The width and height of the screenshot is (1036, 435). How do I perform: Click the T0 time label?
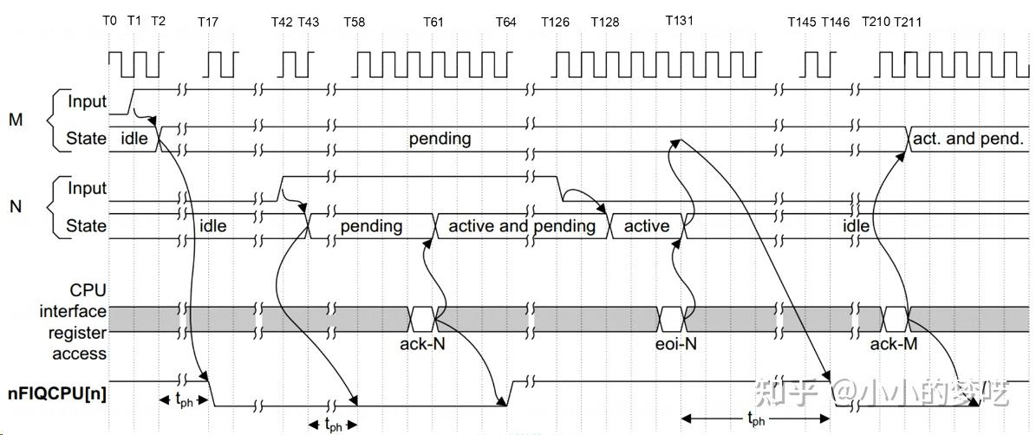point(109,21)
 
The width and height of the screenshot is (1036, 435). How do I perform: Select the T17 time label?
point(207,22)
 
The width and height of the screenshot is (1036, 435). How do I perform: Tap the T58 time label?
point(354,22)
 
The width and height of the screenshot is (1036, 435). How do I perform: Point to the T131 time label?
point(679,20)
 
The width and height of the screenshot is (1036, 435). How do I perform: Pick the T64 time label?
point(506,22)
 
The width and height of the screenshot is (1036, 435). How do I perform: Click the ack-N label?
point(423,343)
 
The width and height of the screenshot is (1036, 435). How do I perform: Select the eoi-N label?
point(674,343)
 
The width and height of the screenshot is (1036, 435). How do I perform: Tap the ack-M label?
point(894,343)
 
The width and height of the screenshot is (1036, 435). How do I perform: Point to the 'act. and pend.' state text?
point(968,138)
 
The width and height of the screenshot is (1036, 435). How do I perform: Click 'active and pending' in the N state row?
point(521,226)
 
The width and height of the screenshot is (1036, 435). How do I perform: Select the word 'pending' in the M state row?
point(440,138)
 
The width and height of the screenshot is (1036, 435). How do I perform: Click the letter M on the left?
point(16,120)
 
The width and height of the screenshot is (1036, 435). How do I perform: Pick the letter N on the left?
point(15,207)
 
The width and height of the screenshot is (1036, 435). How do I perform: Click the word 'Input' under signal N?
point(87,188)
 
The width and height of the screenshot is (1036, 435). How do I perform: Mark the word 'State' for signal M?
point(87,139)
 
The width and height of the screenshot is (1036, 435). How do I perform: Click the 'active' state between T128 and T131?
point(647,226)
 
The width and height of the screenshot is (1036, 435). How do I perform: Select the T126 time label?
point(555,22)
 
